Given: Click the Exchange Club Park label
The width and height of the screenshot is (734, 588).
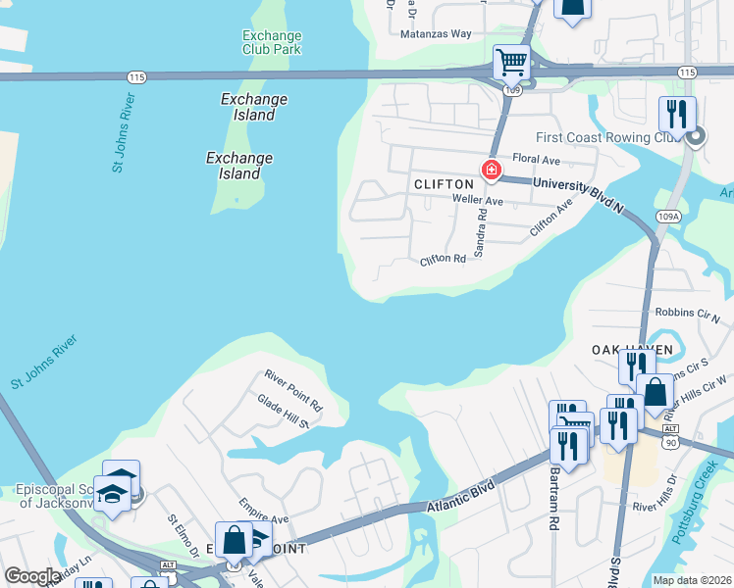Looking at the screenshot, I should coord(272,42).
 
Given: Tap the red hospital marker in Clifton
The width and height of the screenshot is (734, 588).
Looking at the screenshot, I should coord(492,171).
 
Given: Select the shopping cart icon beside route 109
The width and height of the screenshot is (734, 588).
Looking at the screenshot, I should coord(511,62).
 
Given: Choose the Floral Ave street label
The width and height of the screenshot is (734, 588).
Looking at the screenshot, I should coord(536,160).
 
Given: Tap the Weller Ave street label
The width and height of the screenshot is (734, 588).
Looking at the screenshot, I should coord(477,200).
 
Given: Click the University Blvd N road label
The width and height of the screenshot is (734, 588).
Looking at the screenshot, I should coord(579,194).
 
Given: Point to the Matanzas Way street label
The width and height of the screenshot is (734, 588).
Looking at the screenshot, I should coord(436,33).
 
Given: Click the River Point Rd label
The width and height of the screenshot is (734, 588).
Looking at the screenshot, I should coord(293,389).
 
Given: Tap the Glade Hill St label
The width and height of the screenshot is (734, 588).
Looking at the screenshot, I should coord(284,413).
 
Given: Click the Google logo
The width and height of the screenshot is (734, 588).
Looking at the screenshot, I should coord(32,576).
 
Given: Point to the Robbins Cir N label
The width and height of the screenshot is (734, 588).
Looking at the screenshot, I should coord(687,315).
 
